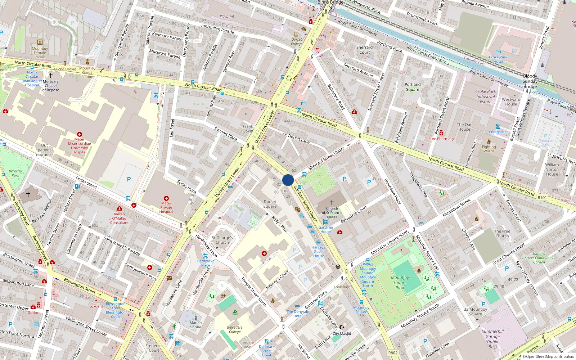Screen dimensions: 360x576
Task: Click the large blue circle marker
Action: tap(288, 180)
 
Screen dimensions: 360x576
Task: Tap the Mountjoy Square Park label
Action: tap(400, 283)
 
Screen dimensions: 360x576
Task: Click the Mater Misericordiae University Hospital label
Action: tap(79, 145)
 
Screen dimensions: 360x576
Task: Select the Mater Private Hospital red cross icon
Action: tap(166, 198)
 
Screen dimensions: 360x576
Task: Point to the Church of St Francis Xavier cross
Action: tap(332, 203)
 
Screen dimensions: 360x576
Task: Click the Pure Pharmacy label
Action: tap(441, 139)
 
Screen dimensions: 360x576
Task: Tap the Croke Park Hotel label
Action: tap(498, 59)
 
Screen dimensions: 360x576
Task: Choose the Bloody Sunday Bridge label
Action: tap(530, 81)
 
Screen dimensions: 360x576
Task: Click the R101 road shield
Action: tap(542, 198)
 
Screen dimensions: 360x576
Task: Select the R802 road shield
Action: tap(393, 353)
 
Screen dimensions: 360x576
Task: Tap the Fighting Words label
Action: tap(489, 149)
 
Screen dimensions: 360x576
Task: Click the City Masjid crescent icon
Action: tap(342, 327)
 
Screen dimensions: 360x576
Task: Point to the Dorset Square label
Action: tap(270, 204)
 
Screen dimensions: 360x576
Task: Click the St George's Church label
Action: tap(222, 240)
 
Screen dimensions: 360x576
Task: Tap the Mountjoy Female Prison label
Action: tap(40, 53)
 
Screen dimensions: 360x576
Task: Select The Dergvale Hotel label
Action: tap(298, 314)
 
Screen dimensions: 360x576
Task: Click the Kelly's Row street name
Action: tap(279, 224)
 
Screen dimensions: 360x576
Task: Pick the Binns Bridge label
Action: tap(330, 2)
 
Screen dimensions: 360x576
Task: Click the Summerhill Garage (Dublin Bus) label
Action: tap(492, 339)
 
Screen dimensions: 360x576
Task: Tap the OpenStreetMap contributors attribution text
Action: tap(548, 357)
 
